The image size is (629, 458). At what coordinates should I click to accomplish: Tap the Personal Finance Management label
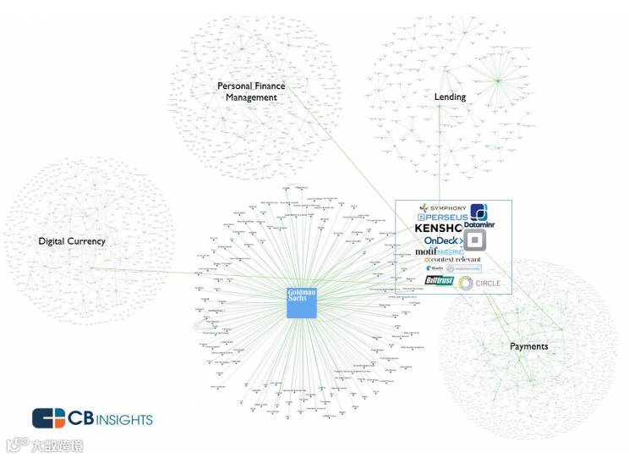coord(251,91)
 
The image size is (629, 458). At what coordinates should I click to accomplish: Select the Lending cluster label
coord(450,97)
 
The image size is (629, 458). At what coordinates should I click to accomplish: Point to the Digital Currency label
coord(72,241)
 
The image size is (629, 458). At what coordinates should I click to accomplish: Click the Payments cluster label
coord(528,346)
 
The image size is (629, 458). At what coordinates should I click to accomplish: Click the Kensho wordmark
coord(438,229)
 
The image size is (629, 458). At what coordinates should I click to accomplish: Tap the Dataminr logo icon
coord(479,212)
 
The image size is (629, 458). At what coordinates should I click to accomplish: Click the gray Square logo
coord(476,241)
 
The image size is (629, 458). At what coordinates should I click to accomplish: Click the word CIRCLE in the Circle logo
coord(489,281)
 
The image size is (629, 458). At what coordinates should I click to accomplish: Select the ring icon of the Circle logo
coord(464,281)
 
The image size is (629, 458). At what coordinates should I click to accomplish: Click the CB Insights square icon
coord(49,418)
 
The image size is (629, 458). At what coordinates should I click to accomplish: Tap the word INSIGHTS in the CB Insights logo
coord(123,419)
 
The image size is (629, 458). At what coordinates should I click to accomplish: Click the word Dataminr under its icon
coord(479,225)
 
